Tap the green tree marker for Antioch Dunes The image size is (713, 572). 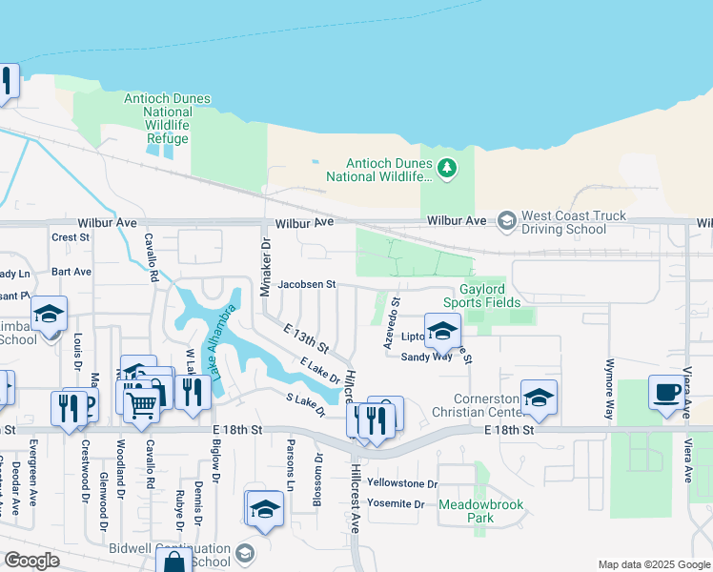[447, 168]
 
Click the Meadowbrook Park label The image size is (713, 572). [466, 511]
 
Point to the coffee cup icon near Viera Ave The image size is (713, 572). [666, 392]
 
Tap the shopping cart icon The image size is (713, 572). [142, 404]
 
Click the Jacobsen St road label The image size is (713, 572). [307, 284]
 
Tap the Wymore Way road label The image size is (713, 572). [607, 389]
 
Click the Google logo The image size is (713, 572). [31, 561]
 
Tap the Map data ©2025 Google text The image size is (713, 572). [653, 564]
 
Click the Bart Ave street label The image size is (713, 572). [71, 272]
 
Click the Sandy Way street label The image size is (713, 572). [426, 357]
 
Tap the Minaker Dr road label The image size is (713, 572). [267, 272]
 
